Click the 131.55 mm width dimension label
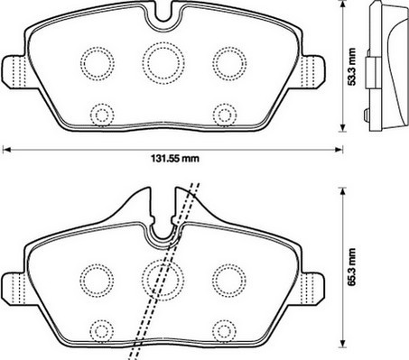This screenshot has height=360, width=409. coord(175,159)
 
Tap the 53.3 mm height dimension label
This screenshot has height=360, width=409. coord(351,67)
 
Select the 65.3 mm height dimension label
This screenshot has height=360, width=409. coord(351,266)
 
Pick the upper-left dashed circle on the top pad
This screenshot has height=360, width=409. coord(80,64)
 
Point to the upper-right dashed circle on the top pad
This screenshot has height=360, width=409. coord(213,64)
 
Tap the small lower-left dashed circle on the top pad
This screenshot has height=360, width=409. coord(91,115)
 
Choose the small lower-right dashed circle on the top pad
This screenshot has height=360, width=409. coord(213,115)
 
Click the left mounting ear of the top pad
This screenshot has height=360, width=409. coord(14,71)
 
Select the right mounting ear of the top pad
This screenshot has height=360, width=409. coord(313,71)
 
